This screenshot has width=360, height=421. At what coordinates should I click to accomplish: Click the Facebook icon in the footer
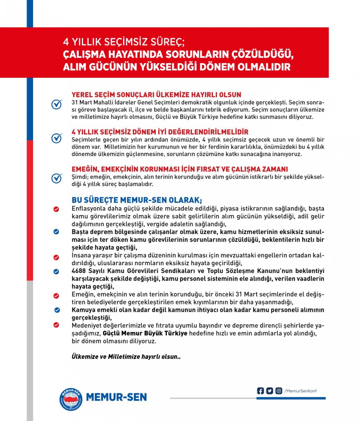260,391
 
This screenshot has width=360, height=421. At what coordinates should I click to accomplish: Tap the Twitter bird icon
269,391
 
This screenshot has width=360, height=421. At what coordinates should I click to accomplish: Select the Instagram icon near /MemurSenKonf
278,391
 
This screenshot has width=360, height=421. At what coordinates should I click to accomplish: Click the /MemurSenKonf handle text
301,391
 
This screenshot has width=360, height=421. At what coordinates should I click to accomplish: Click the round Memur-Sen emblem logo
71,399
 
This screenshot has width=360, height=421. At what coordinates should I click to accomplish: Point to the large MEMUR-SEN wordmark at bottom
116,397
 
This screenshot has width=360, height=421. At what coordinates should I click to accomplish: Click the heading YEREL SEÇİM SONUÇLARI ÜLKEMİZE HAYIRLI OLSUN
156,95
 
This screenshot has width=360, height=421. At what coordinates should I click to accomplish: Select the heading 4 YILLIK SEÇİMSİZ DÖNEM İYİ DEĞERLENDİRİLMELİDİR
160,132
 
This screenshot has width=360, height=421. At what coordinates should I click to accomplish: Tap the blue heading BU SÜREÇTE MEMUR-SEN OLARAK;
137,200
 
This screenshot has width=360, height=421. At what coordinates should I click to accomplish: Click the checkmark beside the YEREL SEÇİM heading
57,104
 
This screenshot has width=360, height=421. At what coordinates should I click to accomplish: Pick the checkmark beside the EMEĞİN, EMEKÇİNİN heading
57,178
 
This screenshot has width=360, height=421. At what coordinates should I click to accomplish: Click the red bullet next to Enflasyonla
56,209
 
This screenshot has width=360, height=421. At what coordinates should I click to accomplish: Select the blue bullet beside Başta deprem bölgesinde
56,232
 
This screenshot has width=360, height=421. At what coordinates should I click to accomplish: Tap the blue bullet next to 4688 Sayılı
56,272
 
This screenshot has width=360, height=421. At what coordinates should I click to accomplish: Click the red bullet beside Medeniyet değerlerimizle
56,325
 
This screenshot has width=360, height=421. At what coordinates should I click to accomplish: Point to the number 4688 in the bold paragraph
79,271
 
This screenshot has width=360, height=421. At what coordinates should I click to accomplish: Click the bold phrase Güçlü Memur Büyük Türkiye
145,333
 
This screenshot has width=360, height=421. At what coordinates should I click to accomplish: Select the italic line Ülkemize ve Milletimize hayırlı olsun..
126,357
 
